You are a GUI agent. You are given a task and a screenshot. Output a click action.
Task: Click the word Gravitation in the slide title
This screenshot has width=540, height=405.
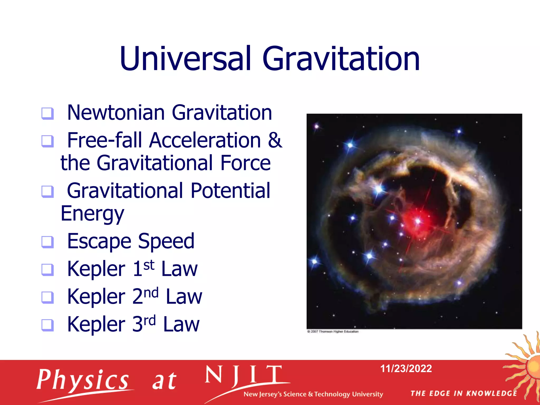[x=341, y=59]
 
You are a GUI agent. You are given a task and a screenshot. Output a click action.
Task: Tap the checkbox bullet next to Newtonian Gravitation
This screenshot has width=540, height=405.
[x=48, y=113]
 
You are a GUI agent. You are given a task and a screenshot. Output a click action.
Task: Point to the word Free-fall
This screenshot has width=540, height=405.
[x=105, y=140]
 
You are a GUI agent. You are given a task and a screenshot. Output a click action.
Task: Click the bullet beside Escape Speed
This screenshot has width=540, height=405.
[x=48, y=242]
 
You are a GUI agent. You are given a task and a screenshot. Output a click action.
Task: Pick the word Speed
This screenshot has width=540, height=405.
[x=166, y=241]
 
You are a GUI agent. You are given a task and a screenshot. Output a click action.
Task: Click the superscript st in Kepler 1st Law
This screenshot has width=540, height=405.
[x=149, y=265]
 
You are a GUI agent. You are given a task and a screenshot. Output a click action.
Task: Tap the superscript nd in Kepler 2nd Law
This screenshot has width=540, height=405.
[x=152, y=293]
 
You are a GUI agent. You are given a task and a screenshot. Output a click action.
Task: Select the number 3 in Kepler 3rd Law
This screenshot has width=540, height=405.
[x=137, y=324]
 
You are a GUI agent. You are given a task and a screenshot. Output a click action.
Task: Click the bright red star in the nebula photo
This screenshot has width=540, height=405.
[x=417, y=221]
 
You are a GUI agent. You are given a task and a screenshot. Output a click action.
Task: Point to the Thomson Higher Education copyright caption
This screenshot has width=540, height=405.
[x=333, y=331]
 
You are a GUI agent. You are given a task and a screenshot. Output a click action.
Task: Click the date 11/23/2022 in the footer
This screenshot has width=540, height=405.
[x=406, y=369]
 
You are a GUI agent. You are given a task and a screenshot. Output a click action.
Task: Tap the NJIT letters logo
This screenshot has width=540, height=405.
[x=244, y=375]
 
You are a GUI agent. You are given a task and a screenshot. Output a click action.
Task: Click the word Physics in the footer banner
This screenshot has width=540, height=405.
[x=83, y=380]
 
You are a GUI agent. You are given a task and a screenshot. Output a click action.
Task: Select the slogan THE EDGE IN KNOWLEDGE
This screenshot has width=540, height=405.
[x=464, y=393]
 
